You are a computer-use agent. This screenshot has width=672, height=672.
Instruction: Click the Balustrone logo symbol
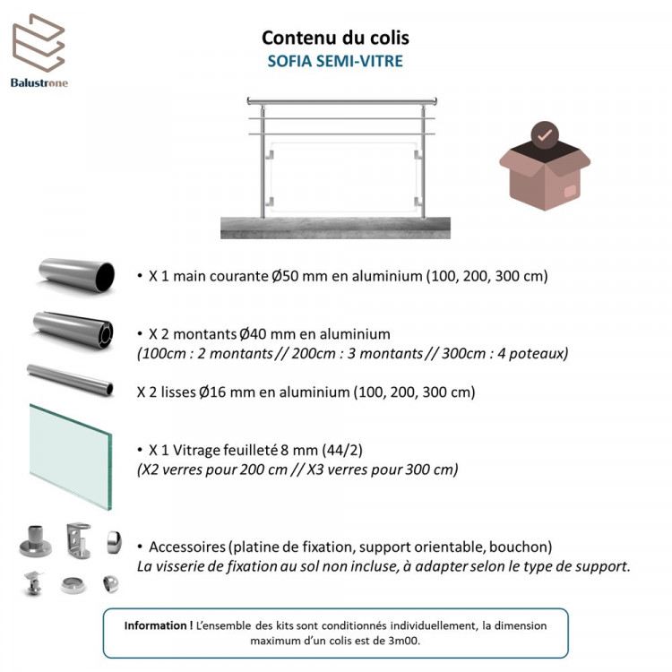(x=39, y=43)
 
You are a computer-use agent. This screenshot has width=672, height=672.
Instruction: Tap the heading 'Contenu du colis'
(x=335, y=38)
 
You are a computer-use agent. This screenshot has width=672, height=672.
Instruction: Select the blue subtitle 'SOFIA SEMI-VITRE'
(x=335, y=61)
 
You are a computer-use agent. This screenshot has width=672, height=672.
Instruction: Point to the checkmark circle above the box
(x=545, y=134)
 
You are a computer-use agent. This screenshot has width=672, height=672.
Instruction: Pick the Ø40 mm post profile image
(x=73, y=330)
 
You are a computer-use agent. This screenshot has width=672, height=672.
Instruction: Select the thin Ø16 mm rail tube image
(x=70, y=380)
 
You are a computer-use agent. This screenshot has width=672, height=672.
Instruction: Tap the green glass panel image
(x=71, y=456)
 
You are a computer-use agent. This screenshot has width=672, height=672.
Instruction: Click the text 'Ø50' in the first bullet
(x=285, y=276)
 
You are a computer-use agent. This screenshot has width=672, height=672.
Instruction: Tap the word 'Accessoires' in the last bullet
(x=187, y=547)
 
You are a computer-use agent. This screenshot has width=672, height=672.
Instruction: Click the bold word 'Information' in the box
(x=156, y=625)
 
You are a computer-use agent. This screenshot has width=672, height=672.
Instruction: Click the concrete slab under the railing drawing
(x=335, y=228)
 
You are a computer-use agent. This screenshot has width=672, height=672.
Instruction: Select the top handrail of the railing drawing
(x=341, y=101)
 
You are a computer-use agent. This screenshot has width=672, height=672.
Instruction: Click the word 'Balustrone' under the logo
(x=39, y=82)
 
